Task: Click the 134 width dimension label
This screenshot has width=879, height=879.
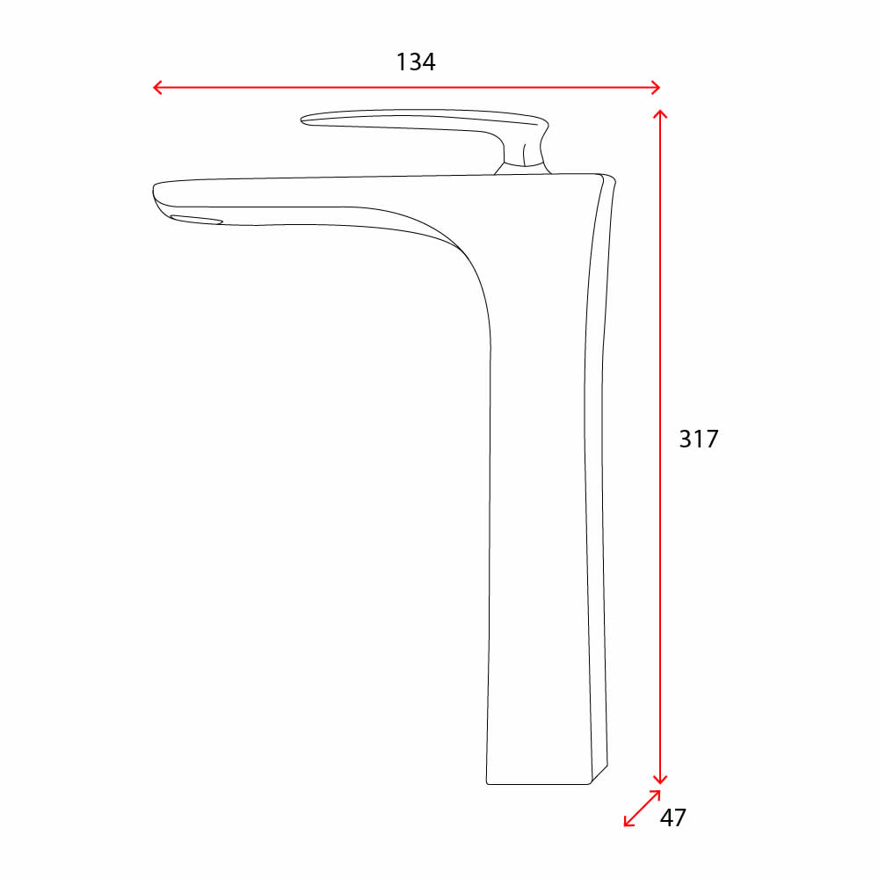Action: click(x=416, y=62)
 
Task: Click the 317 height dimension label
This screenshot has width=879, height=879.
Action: click(x=699, y=439)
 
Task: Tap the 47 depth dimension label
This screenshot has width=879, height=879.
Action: click(x=672, y=817)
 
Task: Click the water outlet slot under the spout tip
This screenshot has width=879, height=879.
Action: click(x=196, y=220)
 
